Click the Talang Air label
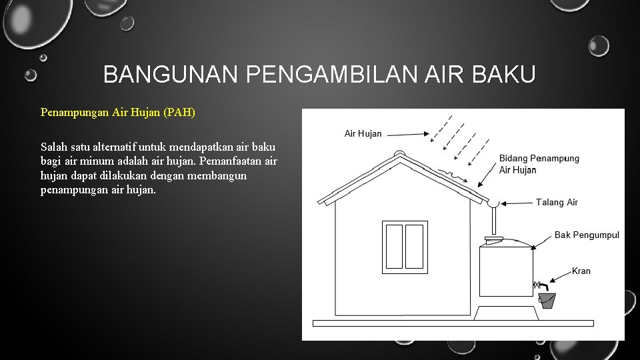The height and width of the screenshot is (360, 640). point(557,202)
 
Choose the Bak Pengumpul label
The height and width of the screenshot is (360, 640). point(587,235)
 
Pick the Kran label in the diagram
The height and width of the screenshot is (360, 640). point(581,271)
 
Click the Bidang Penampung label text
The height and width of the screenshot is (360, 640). point(539,159)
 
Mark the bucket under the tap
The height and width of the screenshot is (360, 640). point(547,301)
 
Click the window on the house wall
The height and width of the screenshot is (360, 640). point(405,247)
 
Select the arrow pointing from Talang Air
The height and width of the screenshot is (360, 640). point(517,202)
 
